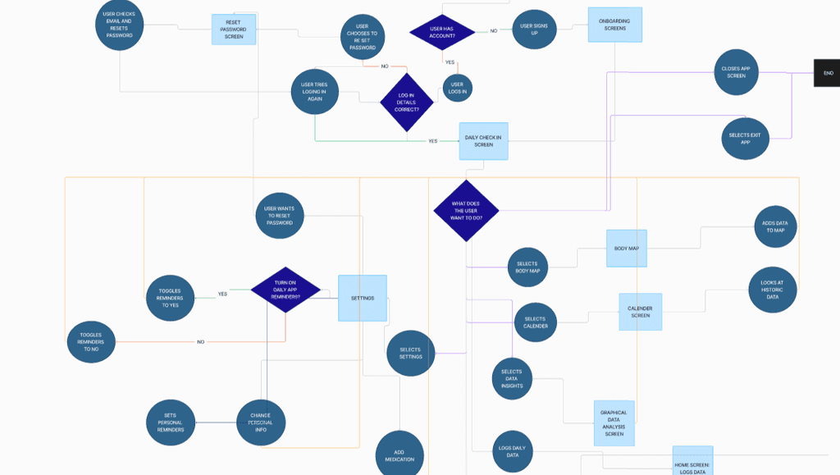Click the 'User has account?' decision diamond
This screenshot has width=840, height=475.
(442, 32)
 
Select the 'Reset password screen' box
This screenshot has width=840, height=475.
(234, 30)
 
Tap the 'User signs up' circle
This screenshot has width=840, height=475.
(534, 30)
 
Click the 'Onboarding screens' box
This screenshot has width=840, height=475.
(615, 25)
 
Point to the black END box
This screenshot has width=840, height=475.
(827, 73)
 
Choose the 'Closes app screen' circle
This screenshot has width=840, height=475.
(736, 72)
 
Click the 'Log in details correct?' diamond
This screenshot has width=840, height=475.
(407, 103)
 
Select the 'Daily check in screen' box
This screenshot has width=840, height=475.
(483, 141)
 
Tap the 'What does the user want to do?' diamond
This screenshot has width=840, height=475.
(466, 211)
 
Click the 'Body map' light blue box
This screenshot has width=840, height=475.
(627, 249)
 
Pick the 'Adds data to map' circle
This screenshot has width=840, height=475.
(775, 226)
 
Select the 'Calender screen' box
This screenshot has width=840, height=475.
(640, 312)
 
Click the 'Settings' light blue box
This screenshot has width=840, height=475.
(363, 299)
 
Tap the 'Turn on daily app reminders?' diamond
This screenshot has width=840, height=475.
(285, 290)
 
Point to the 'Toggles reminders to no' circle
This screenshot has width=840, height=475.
(91, 342)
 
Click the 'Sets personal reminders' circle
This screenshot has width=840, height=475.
(171, 422)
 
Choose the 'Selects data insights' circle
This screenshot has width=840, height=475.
(512, 379)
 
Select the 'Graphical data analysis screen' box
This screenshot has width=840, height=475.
(614, 423)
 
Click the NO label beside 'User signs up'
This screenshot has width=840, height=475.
(493, 31)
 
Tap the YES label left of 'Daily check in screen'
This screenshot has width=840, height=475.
(433, 141)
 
